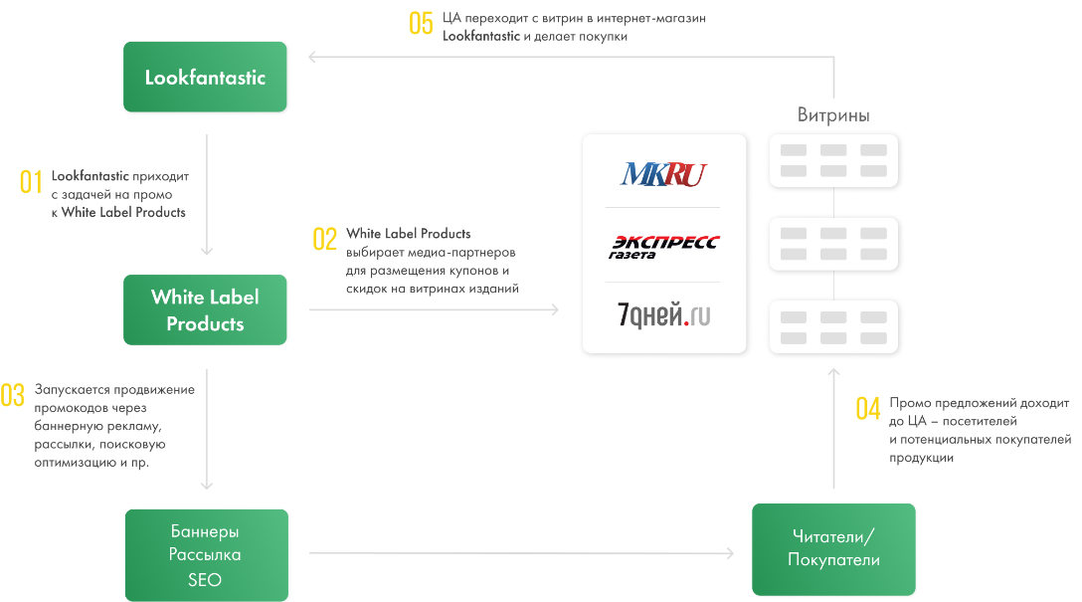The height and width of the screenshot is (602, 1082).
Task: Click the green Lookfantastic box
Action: [x=205, y=77]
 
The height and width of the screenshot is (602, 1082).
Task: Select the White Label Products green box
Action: [x=205, y=309]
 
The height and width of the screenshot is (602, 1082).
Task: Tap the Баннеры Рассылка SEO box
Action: [x=206, y=555]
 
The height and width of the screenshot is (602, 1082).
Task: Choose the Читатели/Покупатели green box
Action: [x=833, y=548]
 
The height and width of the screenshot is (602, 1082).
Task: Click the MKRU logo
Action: [x=663, y=175]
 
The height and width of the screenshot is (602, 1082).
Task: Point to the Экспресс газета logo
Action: [x=663, y=246]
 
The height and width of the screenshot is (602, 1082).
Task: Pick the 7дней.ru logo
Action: [x=663, y=315]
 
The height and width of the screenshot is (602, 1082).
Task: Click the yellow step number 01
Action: [x=31, y=182]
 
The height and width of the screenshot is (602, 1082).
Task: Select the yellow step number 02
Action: [x=325, y=239]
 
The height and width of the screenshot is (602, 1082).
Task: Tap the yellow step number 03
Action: [x=13, y=395]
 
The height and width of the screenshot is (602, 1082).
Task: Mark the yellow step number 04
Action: [x=868, y=408]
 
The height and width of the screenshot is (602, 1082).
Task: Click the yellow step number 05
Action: [x=422, y=24]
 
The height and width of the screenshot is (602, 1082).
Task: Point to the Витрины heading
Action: [x=833, y=115]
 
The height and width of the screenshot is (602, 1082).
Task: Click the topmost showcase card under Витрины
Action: [x=833, y=160]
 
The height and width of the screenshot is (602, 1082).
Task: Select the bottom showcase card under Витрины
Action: [x=833, y=327]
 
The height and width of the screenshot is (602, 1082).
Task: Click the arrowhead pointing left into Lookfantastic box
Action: [x=313, y=57]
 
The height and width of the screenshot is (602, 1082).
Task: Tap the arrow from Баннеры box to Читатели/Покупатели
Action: [x=522, y=553]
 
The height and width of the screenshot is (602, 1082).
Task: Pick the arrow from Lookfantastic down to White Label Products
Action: [x=206, y=194]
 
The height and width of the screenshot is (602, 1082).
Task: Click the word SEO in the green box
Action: [x=205, y=580]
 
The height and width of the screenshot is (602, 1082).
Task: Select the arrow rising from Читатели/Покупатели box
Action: [x=833, y=428]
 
